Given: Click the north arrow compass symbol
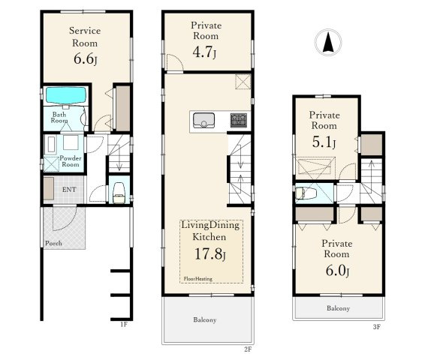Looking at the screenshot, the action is [328, 42].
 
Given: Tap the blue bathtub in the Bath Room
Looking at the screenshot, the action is [66, 95].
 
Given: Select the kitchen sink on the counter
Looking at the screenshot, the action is [203, 121].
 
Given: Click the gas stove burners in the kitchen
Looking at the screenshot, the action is [239, 120].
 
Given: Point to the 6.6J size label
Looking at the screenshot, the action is [85, 59].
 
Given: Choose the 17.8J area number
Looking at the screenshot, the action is [210, 253].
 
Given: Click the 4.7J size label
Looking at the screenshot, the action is [204, 52].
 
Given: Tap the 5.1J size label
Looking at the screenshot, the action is [324, 142].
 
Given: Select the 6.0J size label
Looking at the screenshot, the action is [337, 271].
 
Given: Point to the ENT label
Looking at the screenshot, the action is [69, 190].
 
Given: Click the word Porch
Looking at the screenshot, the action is [53, 243].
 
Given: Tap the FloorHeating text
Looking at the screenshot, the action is [197, 279].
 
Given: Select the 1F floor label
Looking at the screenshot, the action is [124, 325].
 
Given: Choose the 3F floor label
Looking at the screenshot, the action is [377, 327].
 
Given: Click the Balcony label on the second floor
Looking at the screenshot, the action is [205, 319].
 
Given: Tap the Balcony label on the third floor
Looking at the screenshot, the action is [339, 308].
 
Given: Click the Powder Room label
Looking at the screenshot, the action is [71, 161].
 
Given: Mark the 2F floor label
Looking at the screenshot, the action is [248, 349].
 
